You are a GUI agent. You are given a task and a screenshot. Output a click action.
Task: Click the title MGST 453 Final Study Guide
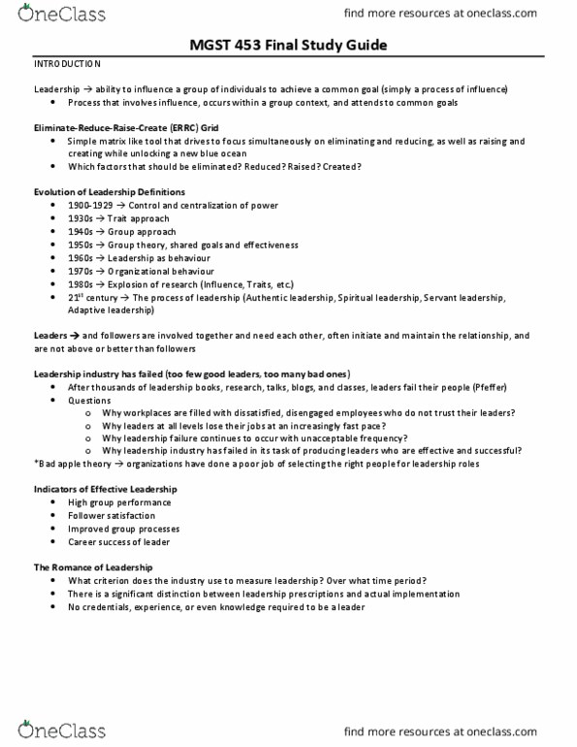coord(288,45)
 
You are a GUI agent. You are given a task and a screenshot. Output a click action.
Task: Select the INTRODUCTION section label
coord(67,64)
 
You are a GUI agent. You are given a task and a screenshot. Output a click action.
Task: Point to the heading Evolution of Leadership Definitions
coord(105,192)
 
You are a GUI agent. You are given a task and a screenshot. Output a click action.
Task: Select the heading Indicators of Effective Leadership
coord(110,490)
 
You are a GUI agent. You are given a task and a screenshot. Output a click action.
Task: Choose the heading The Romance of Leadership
coord(93,567)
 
